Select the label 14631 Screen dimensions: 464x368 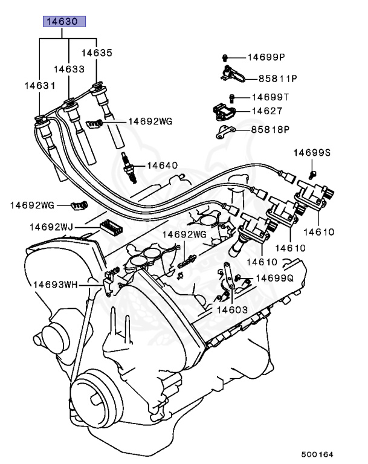[39, 86]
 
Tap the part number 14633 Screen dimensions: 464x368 [68, 69]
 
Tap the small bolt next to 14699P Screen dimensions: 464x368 [225, 57]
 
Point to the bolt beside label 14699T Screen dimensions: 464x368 [232, 97]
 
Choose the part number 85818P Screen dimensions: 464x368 [271, 129]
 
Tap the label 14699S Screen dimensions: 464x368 [312, 153]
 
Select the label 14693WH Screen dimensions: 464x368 [58, 283]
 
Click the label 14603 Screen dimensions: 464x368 [233, 309]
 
